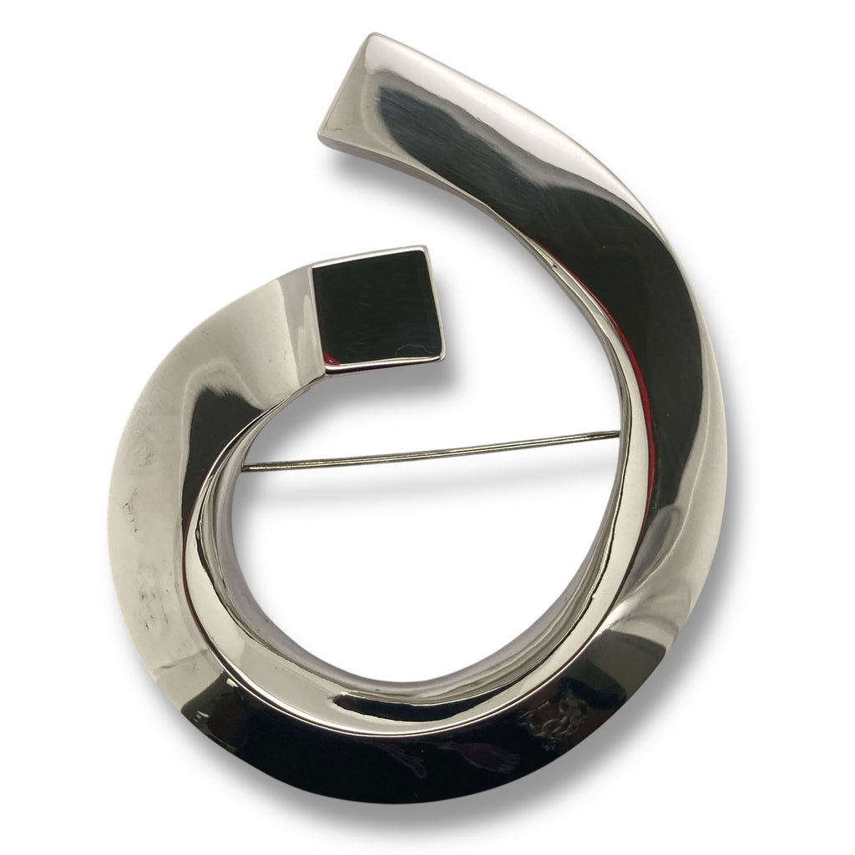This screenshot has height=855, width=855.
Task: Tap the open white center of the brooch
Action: [417, 568]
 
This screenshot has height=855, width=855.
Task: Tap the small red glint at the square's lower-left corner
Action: [331, 365]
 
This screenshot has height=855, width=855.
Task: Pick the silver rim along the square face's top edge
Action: [367, 255]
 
